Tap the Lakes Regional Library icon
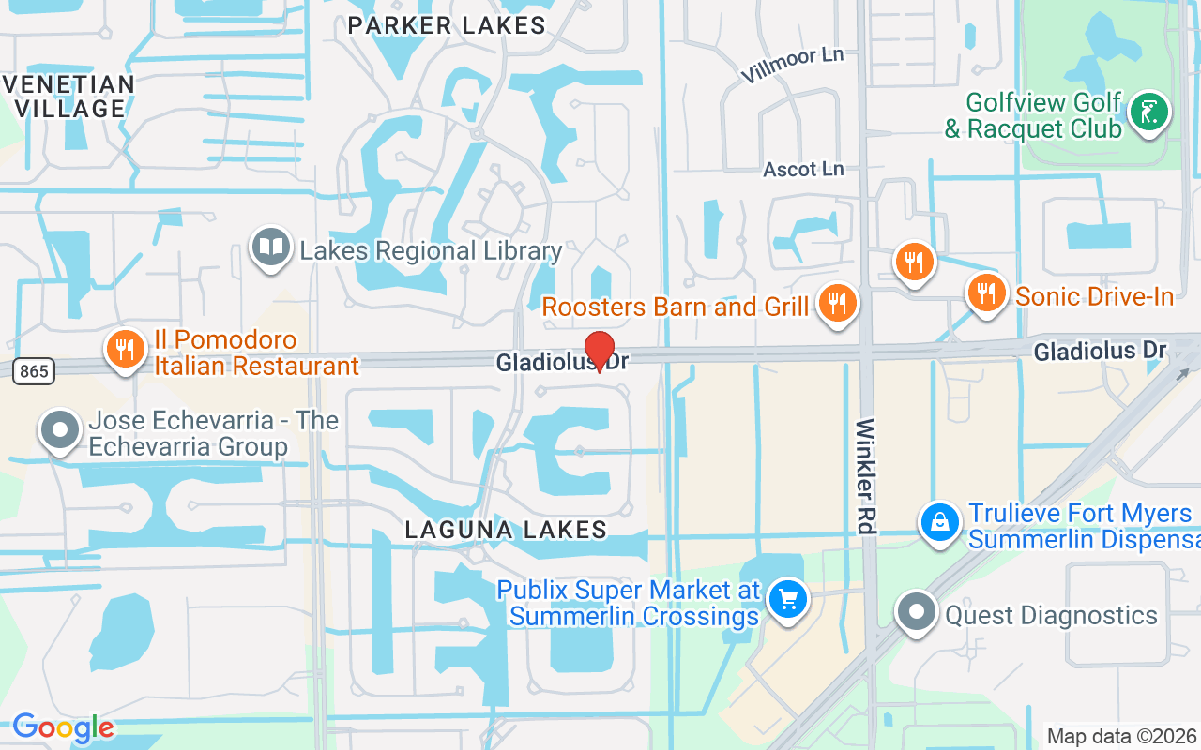click(x=271, y=248)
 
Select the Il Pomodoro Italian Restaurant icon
click(x=123, y=349)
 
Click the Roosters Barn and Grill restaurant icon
click(x=835, y=304)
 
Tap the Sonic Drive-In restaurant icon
click(x=985, y=292)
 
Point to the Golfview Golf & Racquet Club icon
click(x=1148, y=113)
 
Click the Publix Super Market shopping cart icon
click(x=787, y=599)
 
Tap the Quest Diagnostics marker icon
click(x=916, y=613)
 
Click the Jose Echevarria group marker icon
click(x=60, y=430)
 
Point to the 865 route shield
click(x=34, y=371)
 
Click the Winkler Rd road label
click(x=865, y=476)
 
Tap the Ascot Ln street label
click(x=803, y=169)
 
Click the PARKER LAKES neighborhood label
click(x=447, y=25)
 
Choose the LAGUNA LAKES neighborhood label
click(x=506, y=530)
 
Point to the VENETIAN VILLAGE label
click(x=69, y=96)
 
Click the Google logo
click(x=63, y=727)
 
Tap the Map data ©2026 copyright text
click(x=1121, y=736)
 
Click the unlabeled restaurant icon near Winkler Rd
click(x=913, y=262)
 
